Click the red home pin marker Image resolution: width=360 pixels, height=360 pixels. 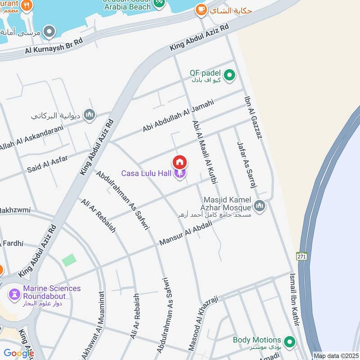pos(180,162)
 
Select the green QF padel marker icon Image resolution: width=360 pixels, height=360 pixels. pos(230,75)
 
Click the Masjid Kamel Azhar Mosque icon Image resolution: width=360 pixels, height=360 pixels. pos(259,207)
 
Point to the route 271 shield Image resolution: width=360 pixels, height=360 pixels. pos(301,256)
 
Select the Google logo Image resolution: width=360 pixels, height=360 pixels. pos(19,353)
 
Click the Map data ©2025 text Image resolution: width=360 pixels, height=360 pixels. pos(336,355)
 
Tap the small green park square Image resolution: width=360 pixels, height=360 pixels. pos(69,260)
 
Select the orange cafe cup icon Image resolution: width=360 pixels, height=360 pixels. pos(201,9)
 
